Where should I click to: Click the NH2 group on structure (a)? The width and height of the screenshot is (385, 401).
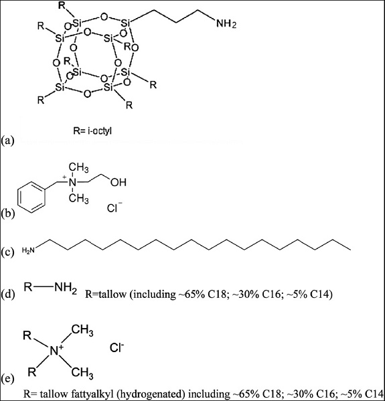coord(226,24)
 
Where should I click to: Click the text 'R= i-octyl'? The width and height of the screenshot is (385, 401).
coord(92,131)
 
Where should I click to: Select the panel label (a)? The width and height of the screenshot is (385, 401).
coord(7,141)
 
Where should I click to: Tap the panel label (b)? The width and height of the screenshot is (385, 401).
coord(7,214)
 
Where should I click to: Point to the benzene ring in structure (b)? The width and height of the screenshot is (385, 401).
coord(31,197)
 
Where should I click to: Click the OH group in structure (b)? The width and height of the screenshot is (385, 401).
coord(119,182)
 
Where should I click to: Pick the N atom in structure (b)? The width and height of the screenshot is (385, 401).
coord(73,182)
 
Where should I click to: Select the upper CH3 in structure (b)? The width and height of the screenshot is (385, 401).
coord(79,167)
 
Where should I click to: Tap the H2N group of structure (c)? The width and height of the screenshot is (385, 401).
coord(28,250)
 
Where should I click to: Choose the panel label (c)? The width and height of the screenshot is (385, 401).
coord(7,252)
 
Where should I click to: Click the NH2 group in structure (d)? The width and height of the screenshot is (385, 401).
coord(66,289)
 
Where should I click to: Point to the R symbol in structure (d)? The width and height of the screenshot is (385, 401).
coord(28,287)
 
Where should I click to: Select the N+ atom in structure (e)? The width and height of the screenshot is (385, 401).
coord(56,350)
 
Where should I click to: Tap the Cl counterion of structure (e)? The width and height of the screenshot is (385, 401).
coord(117,348)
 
